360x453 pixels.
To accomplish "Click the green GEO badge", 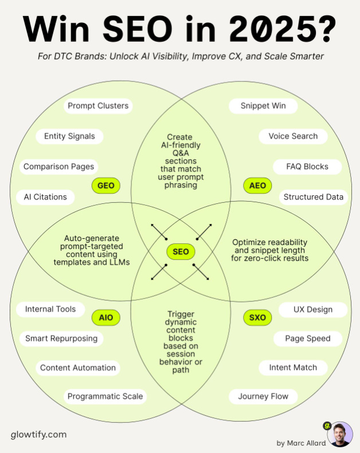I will [106, 186].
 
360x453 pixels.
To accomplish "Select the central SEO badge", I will [181, 251].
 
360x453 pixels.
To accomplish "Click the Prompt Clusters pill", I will [98, 106].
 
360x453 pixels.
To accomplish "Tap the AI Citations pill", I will [45, 197].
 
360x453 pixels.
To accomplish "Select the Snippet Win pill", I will [256, 106].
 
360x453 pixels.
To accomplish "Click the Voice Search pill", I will [293, 136].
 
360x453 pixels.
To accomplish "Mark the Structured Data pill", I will [314, 197].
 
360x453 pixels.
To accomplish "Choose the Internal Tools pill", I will [50, 309].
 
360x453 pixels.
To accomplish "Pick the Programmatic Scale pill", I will [105, 396].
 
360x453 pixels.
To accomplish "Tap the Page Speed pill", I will [308, 338].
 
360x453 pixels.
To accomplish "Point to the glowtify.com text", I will [38, 434].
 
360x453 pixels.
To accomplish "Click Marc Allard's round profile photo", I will [339, 435].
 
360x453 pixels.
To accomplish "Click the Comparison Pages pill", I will [58, 167].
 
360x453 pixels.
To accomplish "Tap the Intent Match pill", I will [293, 368].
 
